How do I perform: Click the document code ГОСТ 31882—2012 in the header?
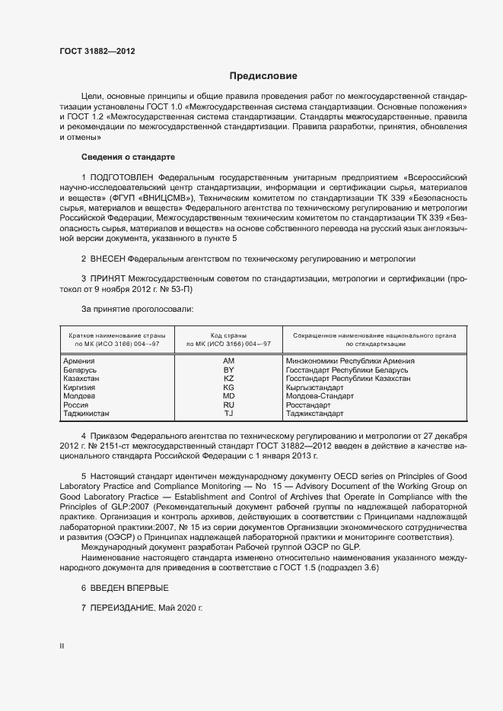pos(97,52)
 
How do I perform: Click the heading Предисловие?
pos(263,76)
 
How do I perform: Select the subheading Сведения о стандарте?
pos(128,157)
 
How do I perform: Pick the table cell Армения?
pos(79,361)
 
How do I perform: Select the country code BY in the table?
pos(228,370)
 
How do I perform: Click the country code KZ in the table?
pos(228,378)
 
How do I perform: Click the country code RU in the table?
pos(228,405)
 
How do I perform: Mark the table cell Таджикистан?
pos(86,414)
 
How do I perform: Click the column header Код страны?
pos(228,335)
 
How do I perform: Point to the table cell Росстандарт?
pos(308,405)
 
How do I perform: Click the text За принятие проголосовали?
pos(137,309)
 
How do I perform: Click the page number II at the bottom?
pos(62,647)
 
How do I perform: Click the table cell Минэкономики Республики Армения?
pos(350,361)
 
